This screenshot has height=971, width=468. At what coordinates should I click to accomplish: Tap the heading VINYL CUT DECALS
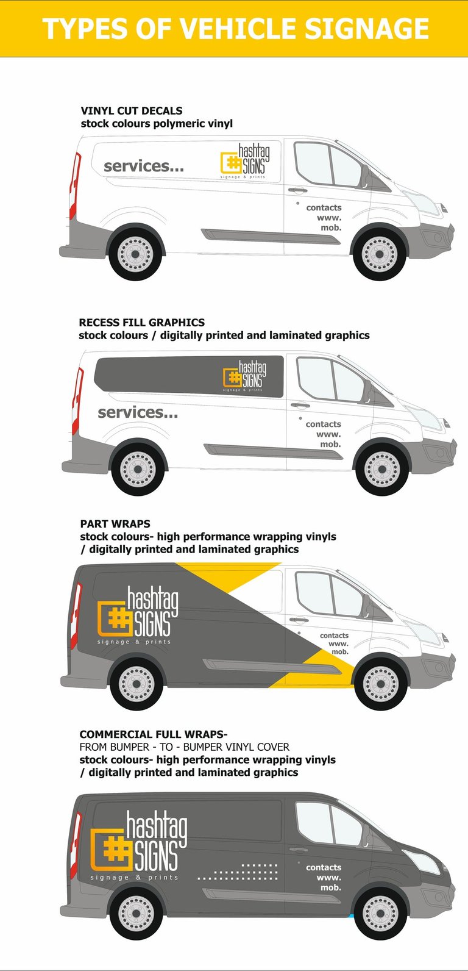tap(132, 110)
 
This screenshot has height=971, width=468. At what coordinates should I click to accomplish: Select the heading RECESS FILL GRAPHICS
tap(141, 322)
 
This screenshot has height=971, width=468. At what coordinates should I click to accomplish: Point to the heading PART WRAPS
tap(115, 523)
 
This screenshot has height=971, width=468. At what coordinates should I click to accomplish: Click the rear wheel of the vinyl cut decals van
tap(135, 253)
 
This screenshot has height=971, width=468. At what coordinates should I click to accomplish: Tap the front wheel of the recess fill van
tap(382, 468)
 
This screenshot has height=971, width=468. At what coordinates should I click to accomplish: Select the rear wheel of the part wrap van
tap(136, 684)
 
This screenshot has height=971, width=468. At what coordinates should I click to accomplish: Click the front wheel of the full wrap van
tap(380, 913)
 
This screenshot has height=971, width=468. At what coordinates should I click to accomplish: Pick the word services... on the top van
tap(144, 166)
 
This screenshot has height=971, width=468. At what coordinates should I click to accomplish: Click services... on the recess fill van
tap(138, 412)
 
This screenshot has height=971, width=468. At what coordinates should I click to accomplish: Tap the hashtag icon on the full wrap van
tap(113, 849)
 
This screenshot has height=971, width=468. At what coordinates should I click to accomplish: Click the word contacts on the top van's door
tap(324, 208)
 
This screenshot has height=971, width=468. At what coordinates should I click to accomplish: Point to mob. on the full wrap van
tap(331, 887)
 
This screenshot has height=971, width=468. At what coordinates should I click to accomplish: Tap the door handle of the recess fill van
tap(300, 405)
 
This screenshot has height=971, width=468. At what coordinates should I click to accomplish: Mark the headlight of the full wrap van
tap(422, 861)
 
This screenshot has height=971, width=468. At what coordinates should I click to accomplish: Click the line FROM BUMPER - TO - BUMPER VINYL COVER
tap(184, 747)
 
